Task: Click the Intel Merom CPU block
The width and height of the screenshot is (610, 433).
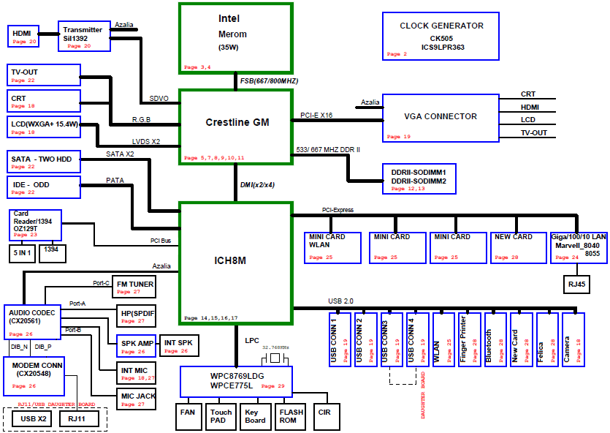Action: (x=236, y=38)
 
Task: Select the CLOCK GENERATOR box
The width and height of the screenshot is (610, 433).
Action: (x=441, y=37)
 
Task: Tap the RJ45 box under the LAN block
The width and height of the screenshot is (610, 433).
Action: (x=576, y=285)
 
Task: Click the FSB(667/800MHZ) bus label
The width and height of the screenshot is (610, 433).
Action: (x=270, y=81)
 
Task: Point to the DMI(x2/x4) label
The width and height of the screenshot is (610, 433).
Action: (x=257, y=184)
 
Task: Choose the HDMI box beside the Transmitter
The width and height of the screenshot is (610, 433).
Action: (x=23, y=37)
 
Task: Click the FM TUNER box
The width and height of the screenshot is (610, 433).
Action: (x=134, y=287)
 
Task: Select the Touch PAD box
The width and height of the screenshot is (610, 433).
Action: (x=221, y=416)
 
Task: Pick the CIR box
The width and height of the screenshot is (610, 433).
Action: (x=327, y=416)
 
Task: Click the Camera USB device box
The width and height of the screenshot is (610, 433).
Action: (x=573, y=339)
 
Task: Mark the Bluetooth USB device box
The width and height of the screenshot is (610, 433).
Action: (x=495, y=339)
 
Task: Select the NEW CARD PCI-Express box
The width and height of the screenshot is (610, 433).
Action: (x=518, y=248)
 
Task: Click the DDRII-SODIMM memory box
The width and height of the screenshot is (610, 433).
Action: (x=419, y=178)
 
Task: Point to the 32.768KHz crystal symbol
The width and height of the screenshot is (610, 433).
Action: (x=275, y=358)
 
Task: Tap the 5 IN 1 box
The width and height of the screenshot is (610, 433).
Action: (x=22, y=253)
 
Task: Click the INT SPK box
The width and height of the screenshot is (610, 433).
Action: (x=179, y=345)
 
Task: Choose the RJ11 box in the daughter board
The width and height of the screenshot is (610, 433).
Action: (x=79, y=419)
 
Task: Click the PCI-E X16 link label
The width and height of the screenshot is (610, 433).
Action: (x=316, y=116)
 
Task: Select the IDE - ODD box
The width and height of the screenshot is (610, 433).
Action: (x=44, y=187)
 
